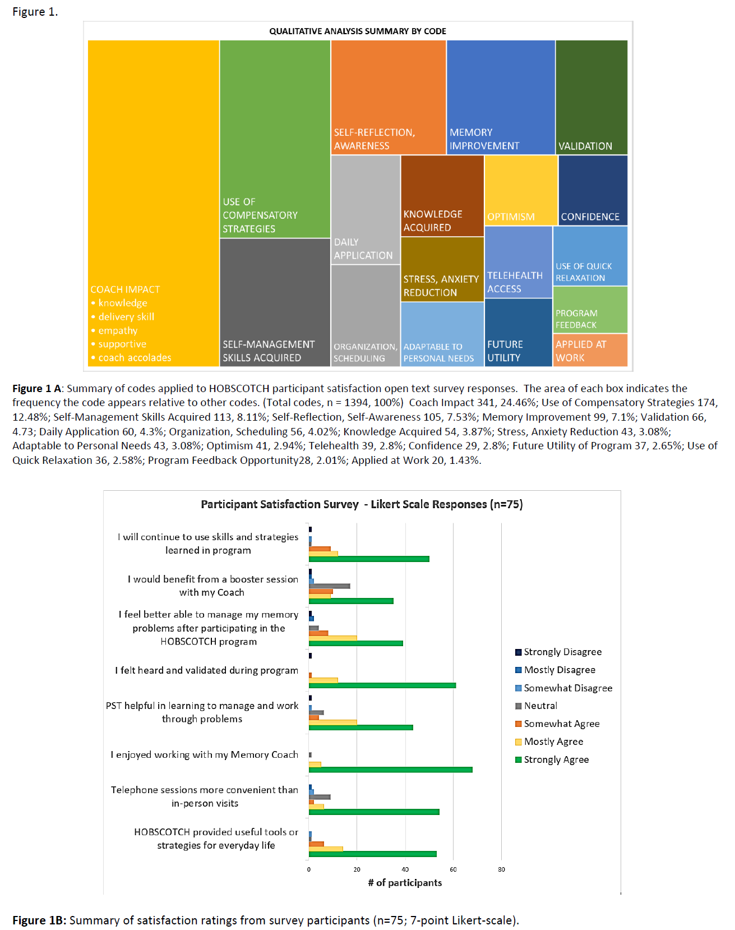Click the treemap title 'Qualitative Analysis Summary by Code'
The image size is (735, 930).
(358, 31)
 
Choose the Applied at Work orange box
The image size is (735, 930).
(590, 351)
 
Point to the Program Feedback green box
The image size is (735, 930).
(590, 310)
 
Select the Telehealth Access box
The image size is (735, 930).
(518, 261)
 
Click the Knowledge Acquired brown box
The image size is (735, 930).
(442, 195)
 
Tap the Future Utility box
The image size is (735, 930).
(518, 332)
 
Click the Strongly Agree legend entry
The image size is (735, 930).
(556, 759)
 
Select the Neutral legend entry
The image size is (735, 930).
(540, 706)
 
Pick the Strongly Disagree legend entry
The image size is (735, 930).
(562, 652)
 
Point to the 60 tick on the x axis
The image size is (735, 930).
(453, 869)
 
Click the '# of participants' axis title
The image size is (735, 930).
(405, 883)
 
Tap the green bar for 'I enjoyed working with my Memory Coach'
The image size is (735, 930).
(390, 770)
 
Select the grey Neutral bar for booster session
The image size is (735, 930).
(329, 586)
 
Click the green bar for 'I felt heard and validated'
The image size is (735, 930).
(382, 685)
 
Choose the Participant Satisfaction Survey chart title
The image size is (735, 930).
(362, 504)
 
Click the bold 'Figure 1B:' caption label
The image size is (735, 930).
(39, 920)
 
